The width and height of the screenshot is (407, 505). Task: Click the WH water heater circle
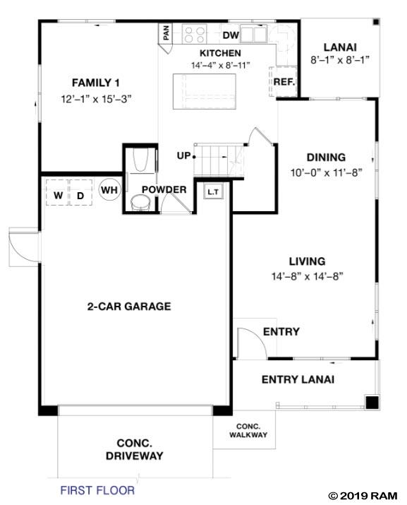(109, 190)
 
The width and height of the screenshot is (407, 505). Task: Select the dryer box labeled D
(80, 194)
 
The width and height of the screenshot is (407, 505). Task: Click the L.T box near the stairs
(212, 191)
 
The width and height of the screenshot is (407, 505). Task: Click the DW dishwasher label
(231, 35)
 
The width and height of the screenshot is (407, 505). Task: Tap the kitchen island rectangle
(210, 92)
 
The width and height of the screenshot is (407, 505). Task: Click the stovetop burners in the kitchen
(194, 33)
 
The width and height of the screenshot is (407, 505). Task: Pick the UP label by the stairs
(183, 155)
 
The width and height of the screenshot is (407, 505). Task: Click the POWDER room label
(164, 190)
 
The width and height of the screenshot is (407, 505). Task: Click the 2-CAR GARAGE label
(129, 307)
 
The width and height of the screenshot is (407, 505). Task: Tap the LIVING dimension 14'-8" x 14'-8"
(307, 276)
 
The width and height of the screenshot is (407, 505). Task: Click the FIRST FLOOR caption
(97, 489)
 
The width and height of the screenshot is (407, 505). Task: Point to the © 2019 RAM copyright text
(364, 494)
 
